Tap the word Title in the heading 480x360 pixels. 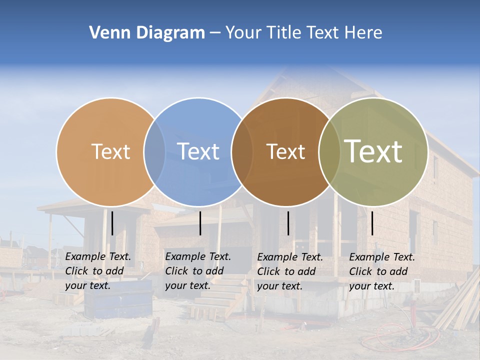point(284,33)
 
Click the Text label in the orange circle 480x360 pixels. point(110,151)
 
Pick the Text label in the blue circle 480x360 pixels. point(198,151)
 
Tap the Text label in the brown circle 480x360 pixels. point(285,151)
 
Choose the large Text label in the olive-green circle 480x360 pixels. point(373,151)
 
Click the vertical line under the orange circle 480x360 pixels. point(112,223)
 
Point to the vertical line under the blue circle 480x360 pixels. point(200,223)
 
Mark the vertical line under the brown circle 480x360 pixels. point(288,223)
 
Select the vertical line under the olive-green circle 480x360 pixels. point(372,223)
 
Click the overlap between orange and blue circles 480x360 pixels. point(154,151)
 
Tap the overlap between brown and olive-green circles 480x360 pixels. point(327,151)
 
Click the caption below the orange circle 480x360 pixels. point(98,271)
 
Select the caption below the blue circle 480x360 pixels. point(198,271)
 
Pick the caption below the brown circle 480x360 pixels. point(290,271)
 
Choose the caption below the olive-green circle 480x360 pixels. point(382,271)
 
